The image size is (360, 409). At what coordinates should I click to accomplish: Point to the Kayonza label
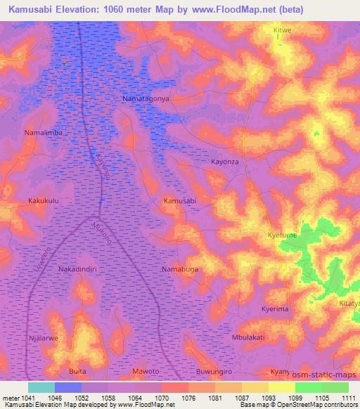[226, 162]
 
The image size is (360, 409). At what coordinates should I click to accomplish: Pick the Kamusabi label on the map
[180, 201]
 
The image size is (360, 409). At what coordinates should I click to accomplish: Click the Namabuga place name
[181, 269]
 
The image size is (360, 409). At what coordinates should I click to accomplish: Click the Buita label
[77, 370]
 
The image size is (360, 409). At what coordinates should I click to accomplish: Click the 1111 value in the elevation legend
[349, 397]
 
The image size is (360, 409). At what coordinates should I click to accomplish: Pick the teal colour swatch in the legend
[41, 387]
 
